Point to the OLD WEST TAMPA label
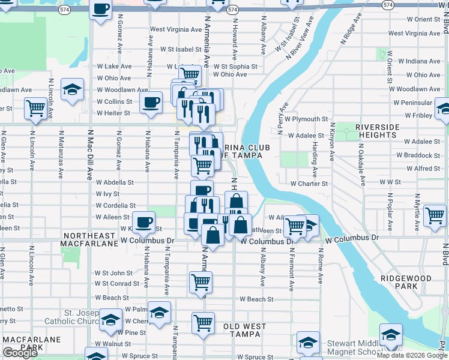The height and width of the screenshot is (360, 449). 245,330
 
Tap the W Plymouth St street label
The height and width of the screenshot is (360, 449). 307,119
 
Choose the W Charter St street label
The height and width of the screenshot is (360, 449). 309,184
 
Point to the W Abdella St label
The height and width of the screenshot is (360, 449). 114,182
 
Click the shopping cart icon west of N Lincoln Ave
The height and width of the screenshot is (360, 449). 36,108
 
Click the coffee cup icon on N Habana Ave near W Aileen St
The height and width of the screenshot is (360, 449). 143,222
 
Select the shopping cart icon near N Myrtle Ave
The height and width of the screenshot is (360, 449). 435,214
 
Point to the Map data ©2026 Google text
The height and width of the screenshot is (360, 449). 412,355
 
